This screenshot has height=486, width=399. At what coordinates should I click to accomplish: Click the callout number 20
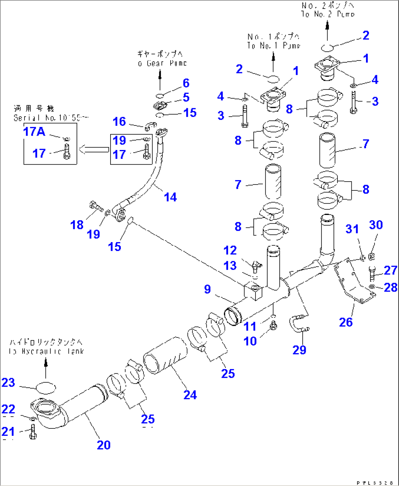(104, 445)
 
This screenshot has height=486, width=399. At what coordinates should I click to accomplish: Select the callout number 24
(190, 395)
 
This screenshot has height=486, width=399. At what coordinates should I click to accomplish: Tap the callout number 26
(346, 322)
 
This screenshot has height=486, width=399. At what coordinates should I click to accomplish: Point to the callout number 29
(299, 350)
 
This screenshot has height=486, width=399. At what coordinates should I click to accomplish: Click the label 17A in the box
(34, 131)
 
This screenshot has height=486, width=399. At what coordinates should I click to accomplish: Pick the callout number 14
(170, 197)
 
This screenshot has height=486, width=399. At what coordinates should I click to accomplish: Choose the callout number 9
(207, 289)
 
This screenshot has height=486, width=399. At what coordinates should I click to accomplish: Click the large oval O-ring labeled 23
(46, 387)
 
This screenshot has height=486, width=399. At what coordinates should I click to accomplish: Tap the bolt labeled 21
(33, 432)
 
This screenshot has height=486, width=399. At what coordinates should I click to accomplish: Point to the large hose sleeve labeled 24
(165, 355)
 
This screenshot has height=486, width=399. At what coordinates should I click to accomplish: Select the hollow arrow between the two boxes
(94, 149)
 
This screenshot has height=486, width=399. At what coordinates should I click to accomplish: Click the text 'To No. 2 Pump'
(328, 14)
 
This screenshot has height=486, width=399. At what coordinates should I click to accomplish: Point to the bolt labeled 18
(96, 207)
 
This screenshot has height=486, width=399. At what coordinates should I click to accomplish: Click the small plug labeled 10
(273, 325)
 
